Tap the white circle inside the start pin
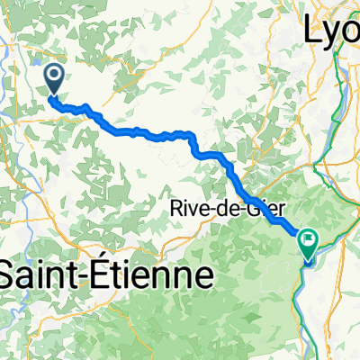(54, 75)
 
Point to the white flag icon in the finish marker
(310, 240)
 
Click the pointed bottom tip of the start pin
(54, 94)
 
